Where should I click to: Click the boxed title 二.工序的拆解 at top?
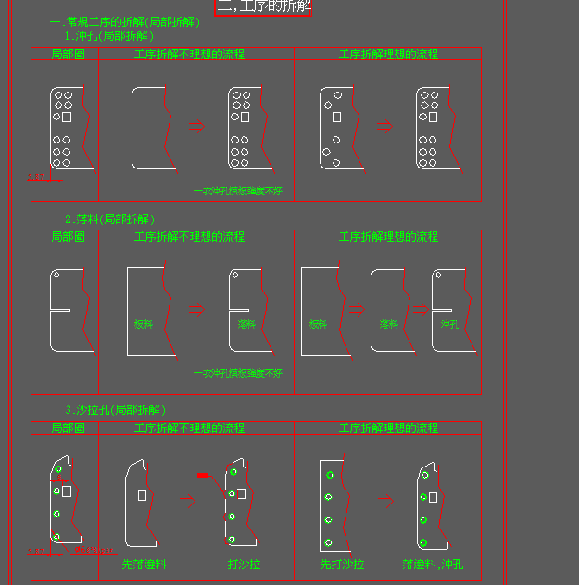pyautogui.click(x=264, y=7)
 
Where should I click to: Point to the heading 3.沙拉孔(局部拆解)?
pyautogui.click(x=115, y=409)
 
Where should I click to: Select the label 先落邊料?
pyautogui.click(x=145, y=564)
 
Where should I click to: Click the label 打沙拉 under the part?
pyautogui.click(x=244, y=564)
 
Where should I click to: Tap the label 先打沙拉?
pyautogui.click(x=342, y=564)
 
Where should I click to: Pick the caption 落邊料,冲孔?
pyautogui.click(x=433, y=564)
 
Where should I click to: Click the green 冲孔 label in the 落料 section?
pyautogui.click(x=449, y=325)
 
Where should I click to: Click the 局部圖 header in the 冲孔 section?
pyautogui.click(x=68, y=55)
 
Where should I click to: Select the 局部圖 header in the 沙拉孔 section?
pyautogui.click(x=68, y=429)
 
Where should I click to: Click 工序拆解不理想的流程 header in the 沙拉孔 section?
pyautogui.click(x=189, y=429)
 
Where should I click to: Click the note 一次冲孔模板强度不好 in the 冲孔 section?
pyautogui.click(x=237, y=191)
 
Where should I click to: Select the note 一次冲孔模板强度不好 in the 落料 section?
pyautogui.click(x=237, y=373)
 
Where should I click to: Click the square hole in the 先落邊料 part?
pyautogui.click(x=142, y=495)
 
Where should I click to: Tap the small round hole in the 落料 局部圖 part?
pyautogui.click(x=56, y=275)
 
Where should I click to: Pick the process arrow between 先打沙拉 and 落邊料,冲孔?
pyautogui.click(x=384, y=501)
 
